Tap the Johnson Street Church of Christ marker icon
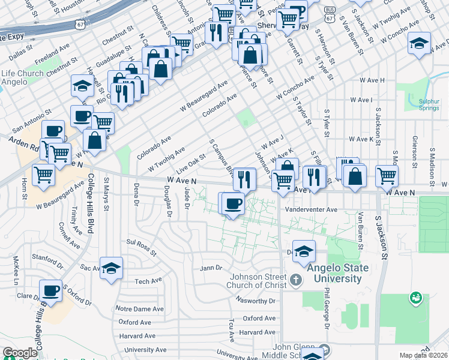pos(295,280)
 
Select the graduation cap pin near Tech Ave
pos(111,268)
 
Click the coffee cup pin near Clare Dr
pos(51,291)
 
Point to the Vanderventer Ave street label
pos(311,209)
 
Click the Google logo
pos(19,353)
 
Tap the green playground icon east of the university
pos(415,297)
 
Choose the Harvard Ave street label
pos(256,332)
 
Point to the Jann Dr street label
pos(211,268)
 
